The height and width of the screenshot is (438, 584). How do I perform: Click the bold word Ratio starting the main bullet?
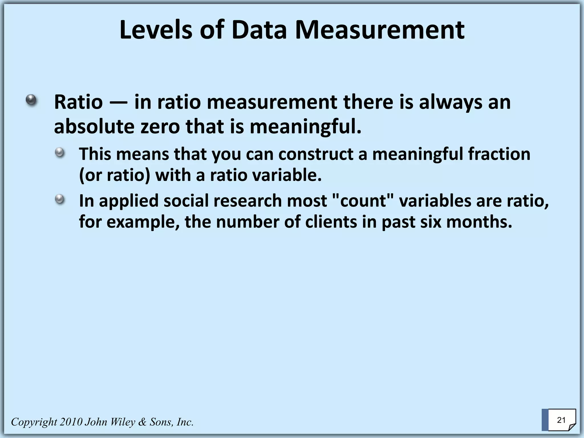[x=78, y=102]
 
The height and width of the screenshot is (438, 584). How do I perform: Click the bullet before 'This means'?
[x=60, y=153]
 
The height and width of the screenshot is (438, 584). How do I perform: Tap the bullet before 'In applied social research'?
[x=60, y=199]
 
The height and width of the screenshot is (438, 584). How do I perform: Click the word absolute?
[x=94, y=127]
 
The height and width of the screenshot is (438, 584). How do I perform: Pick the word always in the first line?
[x=450, y=102]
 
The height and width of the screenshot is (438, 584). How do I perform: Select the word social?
[x=186, y=201]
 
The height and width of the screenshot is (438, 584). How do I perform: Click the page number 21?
[x=561, y=420]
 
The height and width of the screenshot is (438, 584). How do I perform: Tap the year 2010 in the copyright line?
[x=71, y=422]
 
